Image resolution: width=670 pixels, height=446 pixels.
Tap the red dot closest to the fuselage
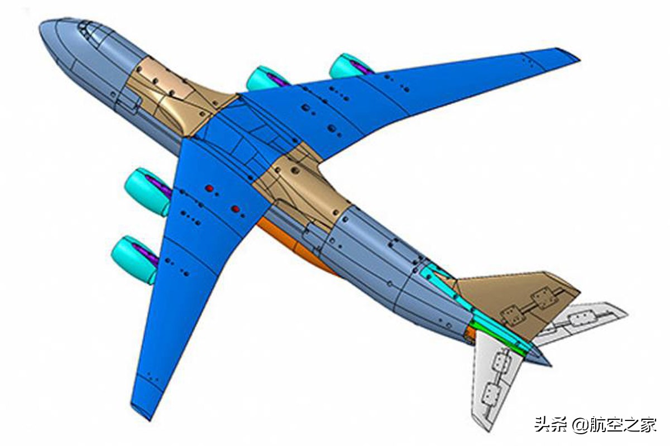235,210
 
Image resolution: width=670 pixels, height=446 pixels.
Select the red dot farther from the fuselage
209,188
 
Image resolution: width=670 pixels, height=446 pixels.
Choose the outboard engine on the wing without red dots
349,66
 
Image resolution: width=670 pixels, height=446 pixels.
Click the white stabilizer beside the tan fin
581,322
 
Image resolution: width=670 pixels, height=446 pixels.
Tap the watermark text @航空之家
614,425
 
